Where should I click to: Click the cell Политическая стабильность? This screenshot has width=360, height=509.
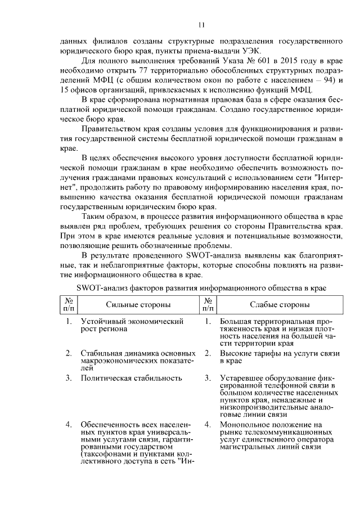(132, 378)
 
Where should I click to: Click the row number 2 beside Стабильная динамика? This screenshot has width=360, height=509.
(68, 353)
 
